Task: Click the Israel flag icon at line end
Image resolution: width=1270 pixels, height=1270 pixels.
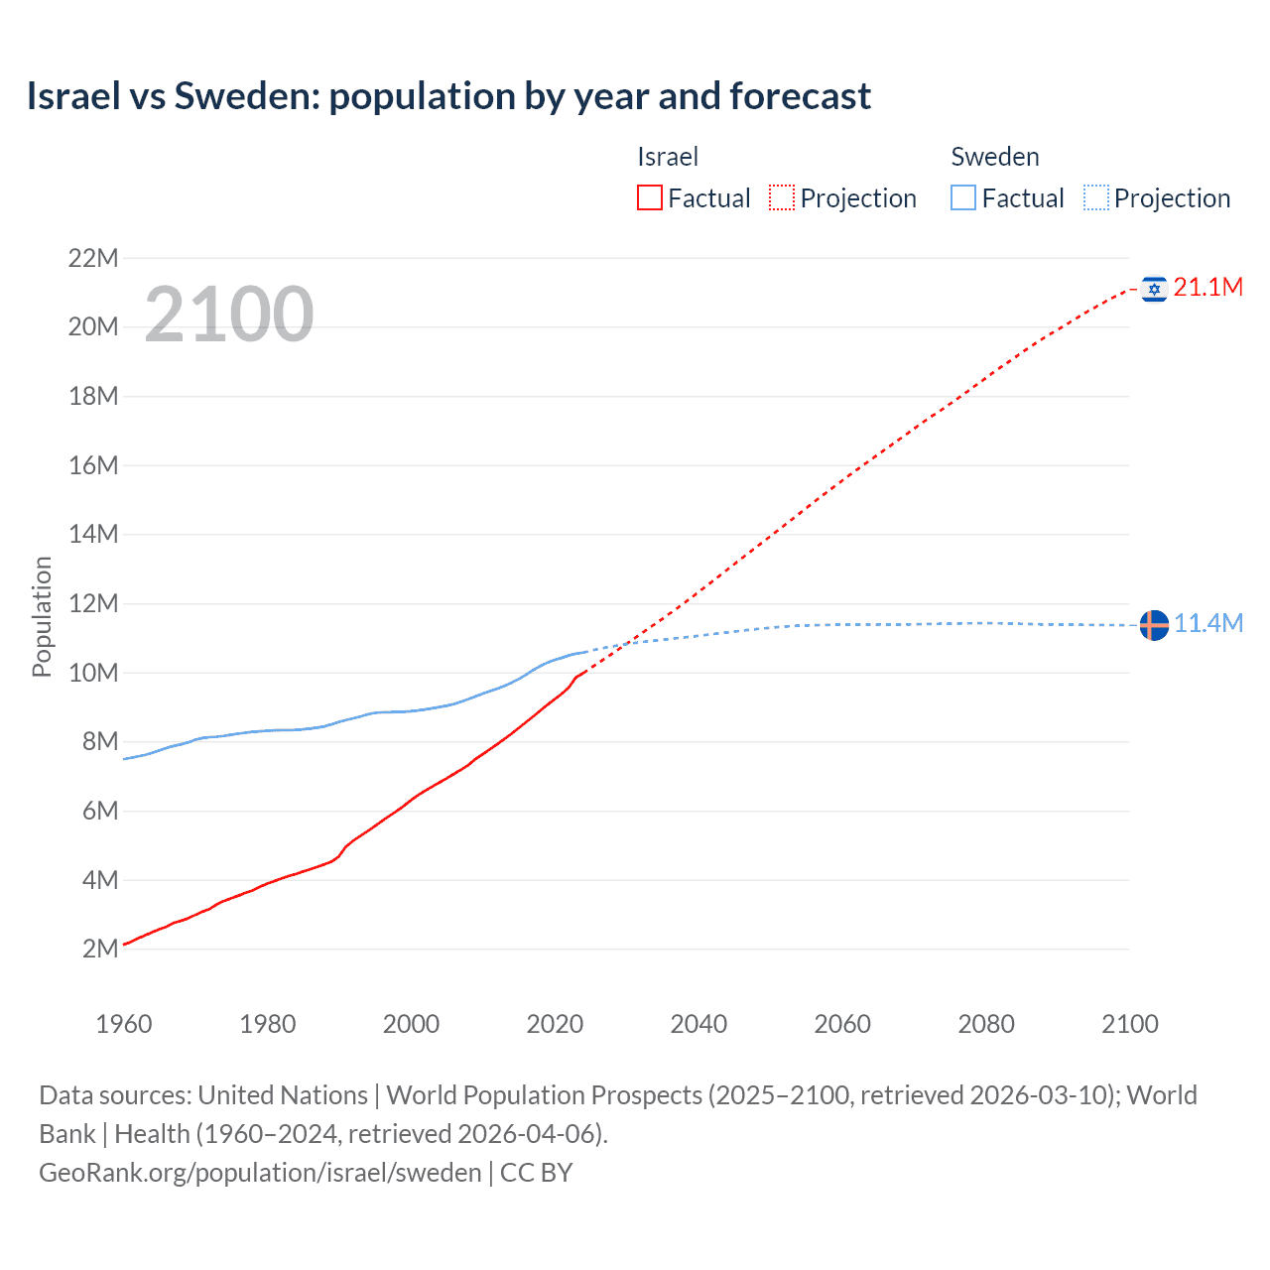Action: pyautogui.click(x=1154, y=289)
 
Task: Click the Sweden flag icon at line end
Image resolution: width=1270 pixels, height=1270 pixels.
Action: pyautogui.click(x=1154, y=625)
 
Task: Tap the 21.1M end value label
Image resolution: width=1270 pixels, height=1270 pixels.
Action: pyautogui.click(x=1207, y=288)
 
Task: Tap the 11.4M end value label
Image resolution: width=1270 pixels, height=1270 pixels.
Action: pyautogui.click(x=1207, y=623)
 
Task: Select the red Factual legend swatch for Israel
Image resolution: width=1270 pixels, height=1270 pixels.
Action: pyautogui.click(x=650, y=198)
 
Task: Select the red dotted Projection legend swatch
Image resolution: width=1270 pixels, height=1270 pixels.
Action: pyautogui.click(x=782, y=198)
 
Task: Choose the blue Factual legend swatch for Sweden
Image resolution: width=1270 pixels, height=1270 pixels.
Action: pyautogui.click(x=963, y=198)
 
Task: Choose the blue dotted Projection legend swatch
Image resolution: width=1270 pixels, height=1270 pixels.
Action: pyautogui.click(x=1096, y=198)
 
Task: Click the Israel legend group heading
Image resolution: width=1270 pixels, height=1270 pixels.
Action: pyautogui.click(x=668, y=157)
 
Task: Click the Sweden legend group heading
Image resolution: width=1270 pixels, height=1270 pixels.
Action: pyautogui.click(x=995, y=157)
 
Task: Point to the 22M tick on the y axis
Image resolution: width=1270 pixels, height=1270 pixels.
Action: pyautogui.click(x=93, y=259)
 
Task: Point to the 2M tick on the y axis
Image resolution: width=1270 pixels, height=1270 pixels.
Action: pyautogui.click(x=100, y=949)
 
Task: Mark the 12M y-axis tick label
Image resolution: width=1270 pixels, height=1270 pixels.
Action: pyautogui.click(x=93, y=603)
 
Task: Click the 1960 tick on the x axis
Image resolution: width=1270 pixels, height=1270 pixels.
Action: pyautogui.click(x=124, y=1024)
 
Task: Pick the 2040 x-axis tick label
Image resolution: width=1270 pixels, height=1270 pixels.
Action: pyautogui.click(x=698, y=1024)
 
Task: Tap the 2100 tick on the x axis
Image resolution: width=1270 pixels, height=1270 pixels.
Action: pyautogui.click(x=1129, y=1024)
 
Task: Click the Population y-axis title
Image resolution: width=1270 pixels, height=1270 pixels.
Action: pyautogui.click(x=42, y=616)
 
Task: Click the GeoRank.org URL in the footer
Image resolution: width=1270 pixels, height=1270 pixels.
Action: pyautogui.click(x=260, y=1173)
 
